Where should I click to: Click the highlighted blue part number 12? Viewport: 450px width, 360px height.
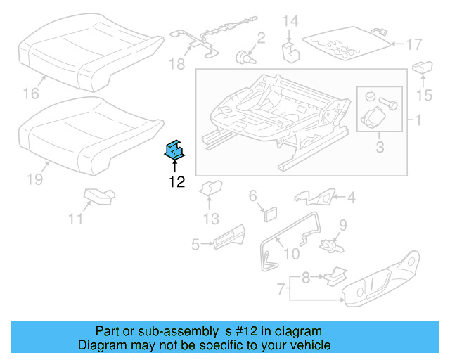(x=174, y=150)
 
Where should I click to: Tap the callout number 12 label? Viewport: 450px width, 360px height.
(x=176, y=182)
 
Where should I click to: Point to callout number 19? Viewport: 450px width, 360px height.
(x=35, y=179)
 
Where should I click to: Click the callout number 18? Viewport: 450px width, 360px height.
(x=176, y=64)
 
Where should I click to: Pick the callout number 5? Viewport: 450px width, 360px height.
(x=195, y=244)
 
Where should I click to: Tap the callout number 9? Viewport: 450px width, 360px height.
(x=343, y=225)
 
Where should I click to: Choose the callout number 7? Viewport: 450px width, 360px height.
(x=280, y=288)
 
